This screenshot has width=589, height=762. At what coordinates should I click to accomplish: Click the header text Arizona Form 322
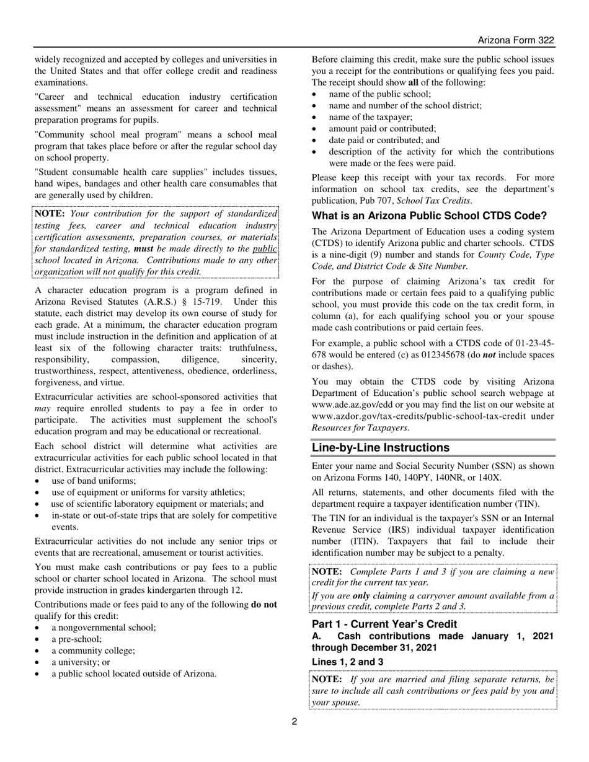pyautogui.click(x=515, y=40)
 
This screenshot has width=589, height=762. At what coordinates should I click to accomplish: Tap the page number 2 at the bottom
pyautogui.click(x=294, y=720)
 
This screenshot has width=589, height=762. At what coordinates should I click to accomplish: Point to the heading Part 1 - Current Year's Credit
pyautogui.click(x=384, y=624)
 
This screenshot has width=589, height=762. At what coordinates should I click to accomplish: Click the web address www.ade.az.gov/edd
pyautogui.click(x=351, y=405)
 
